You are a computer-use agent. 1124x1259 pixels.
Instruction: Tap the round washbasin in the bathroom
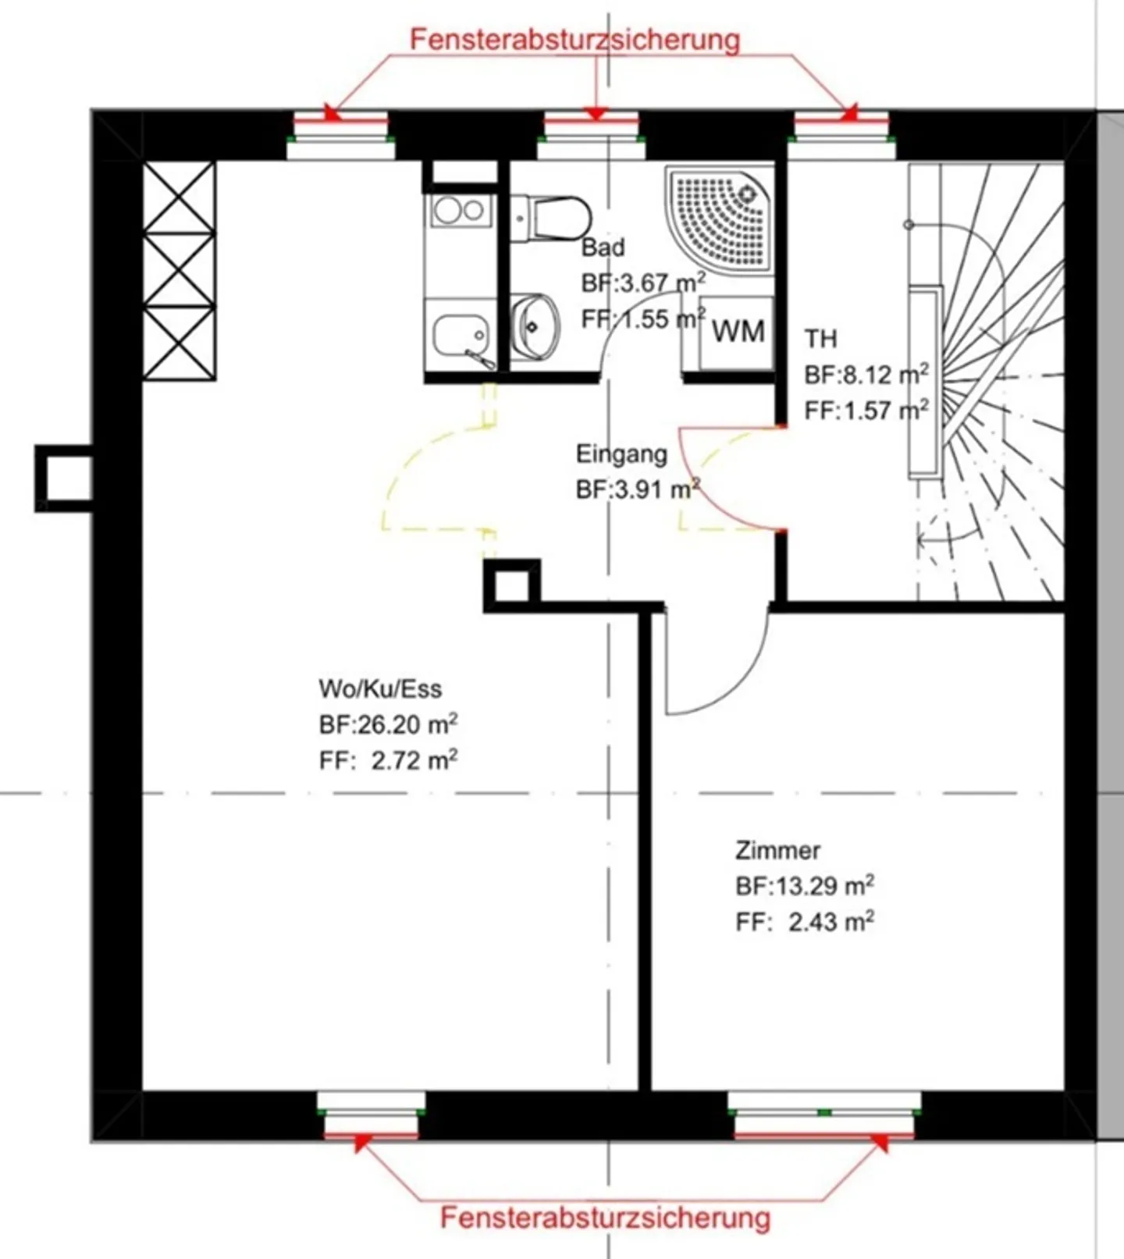coord(535,326)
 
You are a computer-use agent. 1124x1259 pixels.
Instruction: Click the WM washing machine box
coord(737,332)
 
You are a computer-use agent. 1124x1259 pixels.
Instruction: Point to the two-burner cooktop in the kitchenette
coord(460,210)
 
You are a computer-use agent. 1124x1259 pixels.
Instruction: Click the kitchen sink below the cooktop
coord(460,334)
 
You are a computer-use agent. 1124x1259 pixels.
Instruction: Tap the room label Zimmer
coord(777,850)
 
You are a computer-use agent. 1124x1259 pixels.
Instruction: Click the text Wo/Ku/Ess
coord(380,688)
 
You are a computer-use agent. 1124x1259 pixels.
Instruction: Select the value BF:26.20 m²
coord(388,724)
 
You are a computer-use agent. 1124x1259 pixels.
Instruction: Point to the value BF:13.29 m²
coord(804,886)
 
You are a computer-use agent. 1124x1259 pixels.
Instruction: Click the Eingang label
coord(621,453)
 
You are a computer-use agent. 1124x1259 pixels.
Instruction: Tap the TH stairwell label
coord(820,339)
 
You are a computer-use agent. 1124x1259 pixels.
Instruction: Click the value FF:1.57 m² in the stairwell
coord(866,410)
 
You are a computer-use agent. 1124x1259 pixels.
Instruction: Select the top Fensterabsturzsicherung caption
coord(575,39)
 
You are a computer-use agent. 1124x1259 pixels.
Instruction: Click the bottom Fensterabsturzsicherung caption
coord(605,1218)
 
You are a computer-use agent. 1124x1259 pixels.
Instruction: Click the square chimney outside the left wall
coord(64,478)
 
